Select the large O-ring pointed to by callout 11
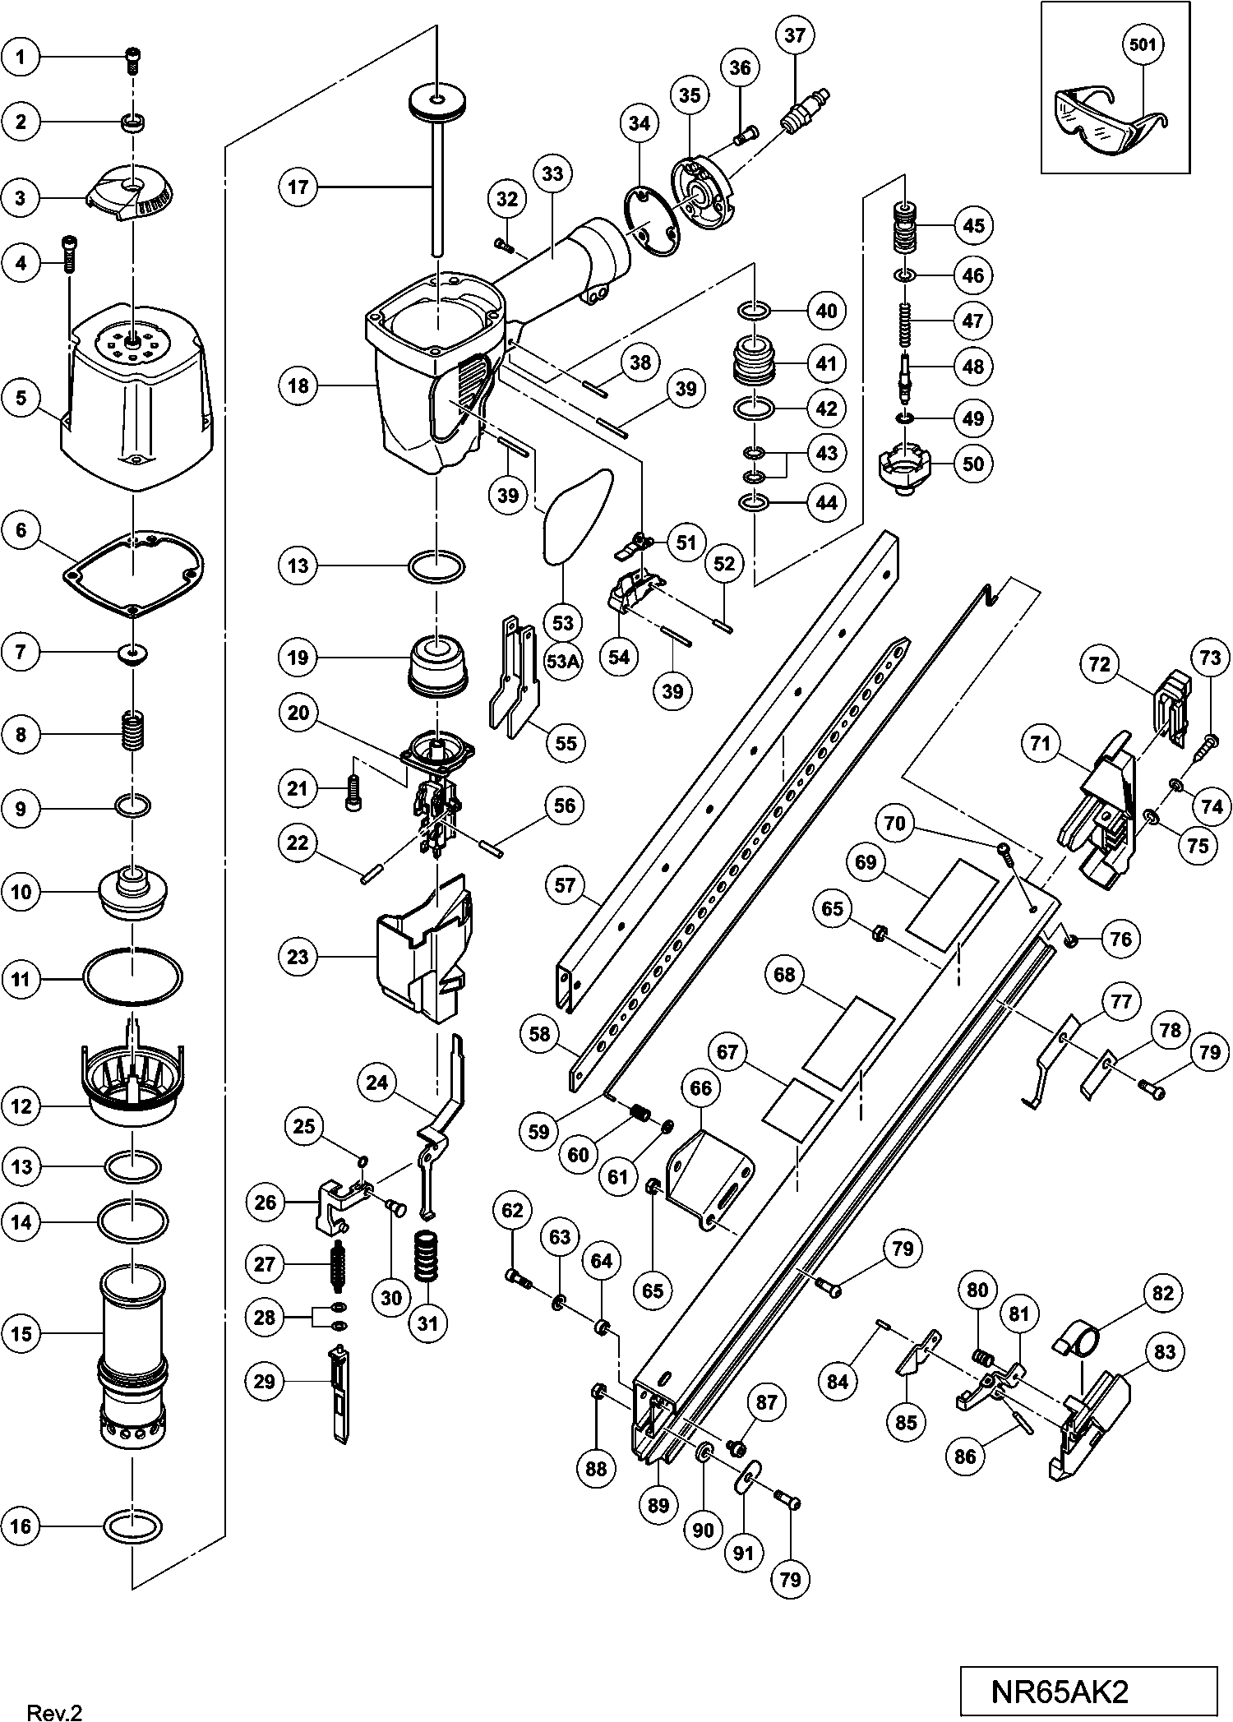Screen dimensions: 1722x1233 (x=132, y=978)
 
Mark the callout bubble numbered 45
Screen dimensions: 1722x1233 (x=973, y=225)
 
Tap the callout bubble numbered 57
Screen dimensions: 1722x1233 (x=566, y=885)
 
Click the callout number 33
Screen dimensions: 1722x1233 (x=552, y=174)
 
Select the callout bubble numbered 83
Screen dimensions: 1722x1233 (x=1165, y=1352)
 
